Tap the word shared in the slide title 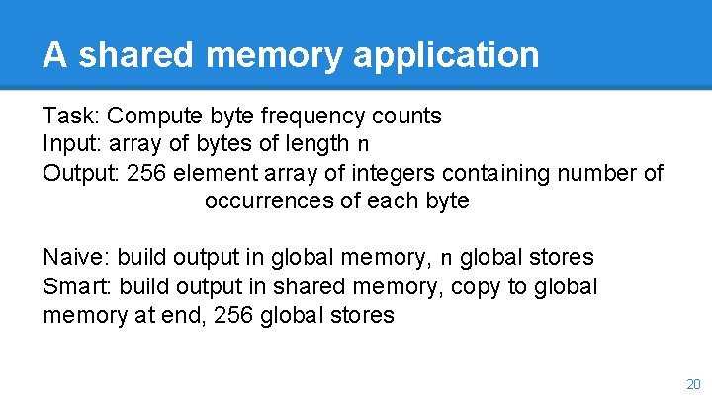click(x=127, y=54)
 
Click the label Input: click(x=72, y=144)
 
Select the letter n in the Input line click(x=364, y=145)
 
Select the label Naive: click(x=76, y=258)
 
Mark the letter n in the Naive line click(x=446, y=259)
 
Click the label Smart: click(x=76, y=286)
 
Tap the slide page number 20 click(x=692, y=383)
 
